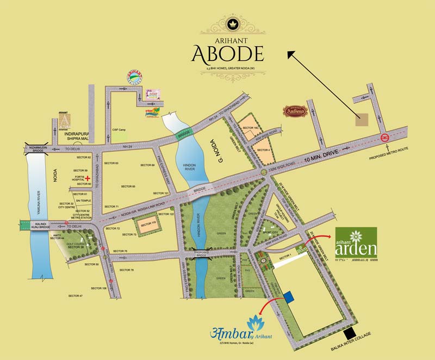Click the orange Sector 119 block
pyautogui.click(x=148, y=225)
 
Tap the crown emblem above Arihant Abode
pyautogui.click(x=228, y=25)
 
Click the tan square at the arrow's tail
pyautogui.click(x=362, y=121)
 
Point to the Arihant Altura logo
pyautogui.click(x=65, y=121)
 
